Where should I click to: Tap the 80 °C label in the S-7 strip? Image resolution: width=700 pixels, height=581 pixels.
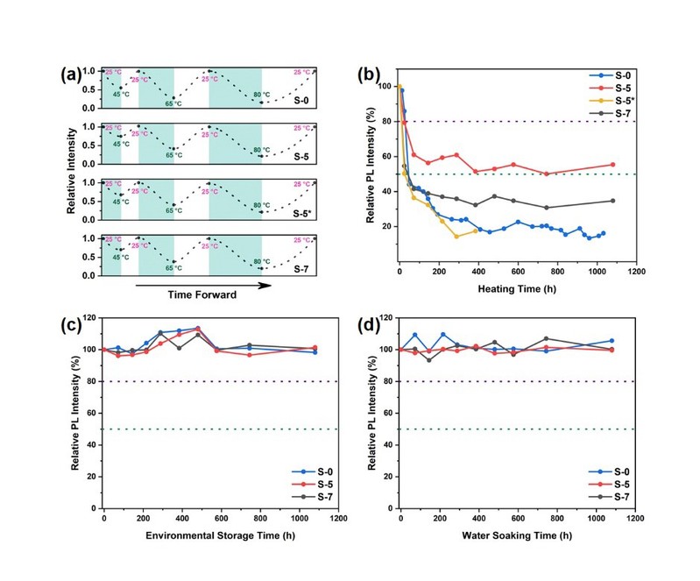[261, 261]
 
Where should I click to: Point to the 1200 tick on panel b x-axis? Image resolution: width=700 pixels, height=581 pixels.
[635, 271]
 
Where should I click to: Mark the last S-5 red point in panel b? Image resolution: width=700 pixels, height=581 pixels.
[612, 165]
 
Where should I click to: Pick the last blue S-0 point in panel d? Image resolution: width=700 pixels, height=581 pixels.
[612, 341]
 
